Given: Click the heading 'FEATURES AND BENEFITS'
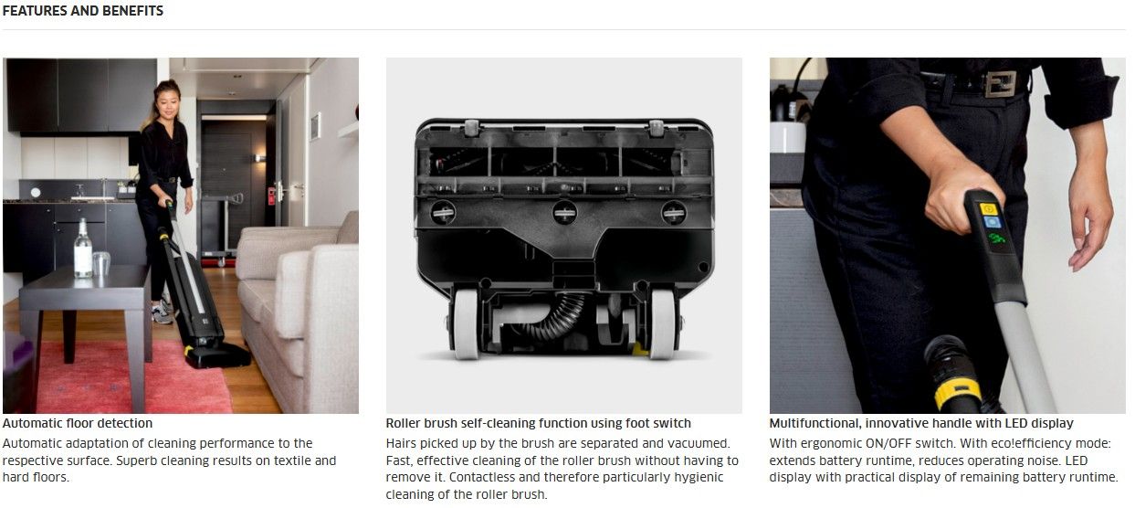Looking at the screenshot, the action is click(x=82, y=11).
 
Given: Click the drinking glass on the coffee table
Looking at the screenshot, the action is click(x=101, y=264).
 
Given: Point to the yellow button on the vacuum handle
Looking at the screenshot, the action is click(x=989, y=209).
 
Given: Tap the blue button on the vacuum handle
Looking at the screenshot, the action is click(x=992, y=222).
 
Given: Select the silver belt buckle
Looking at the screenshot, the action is click(x=1000, y=84).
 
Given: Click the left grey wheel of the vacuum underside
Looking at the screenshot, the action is click(x=466, y=324).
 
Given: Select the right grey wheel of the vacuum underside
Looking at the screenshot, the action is click(x=663, y=324).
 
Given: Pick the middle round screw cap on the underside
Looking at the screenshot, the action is click(x=564, y=213).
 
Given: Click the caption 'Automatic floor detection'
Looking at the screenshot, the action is click(x=78, y=423).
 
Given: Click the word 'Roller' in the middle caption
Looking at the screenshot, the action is click(x=403, y=423).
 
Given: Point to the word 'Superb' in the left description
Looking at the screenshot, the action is click(x=137, y=460).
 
